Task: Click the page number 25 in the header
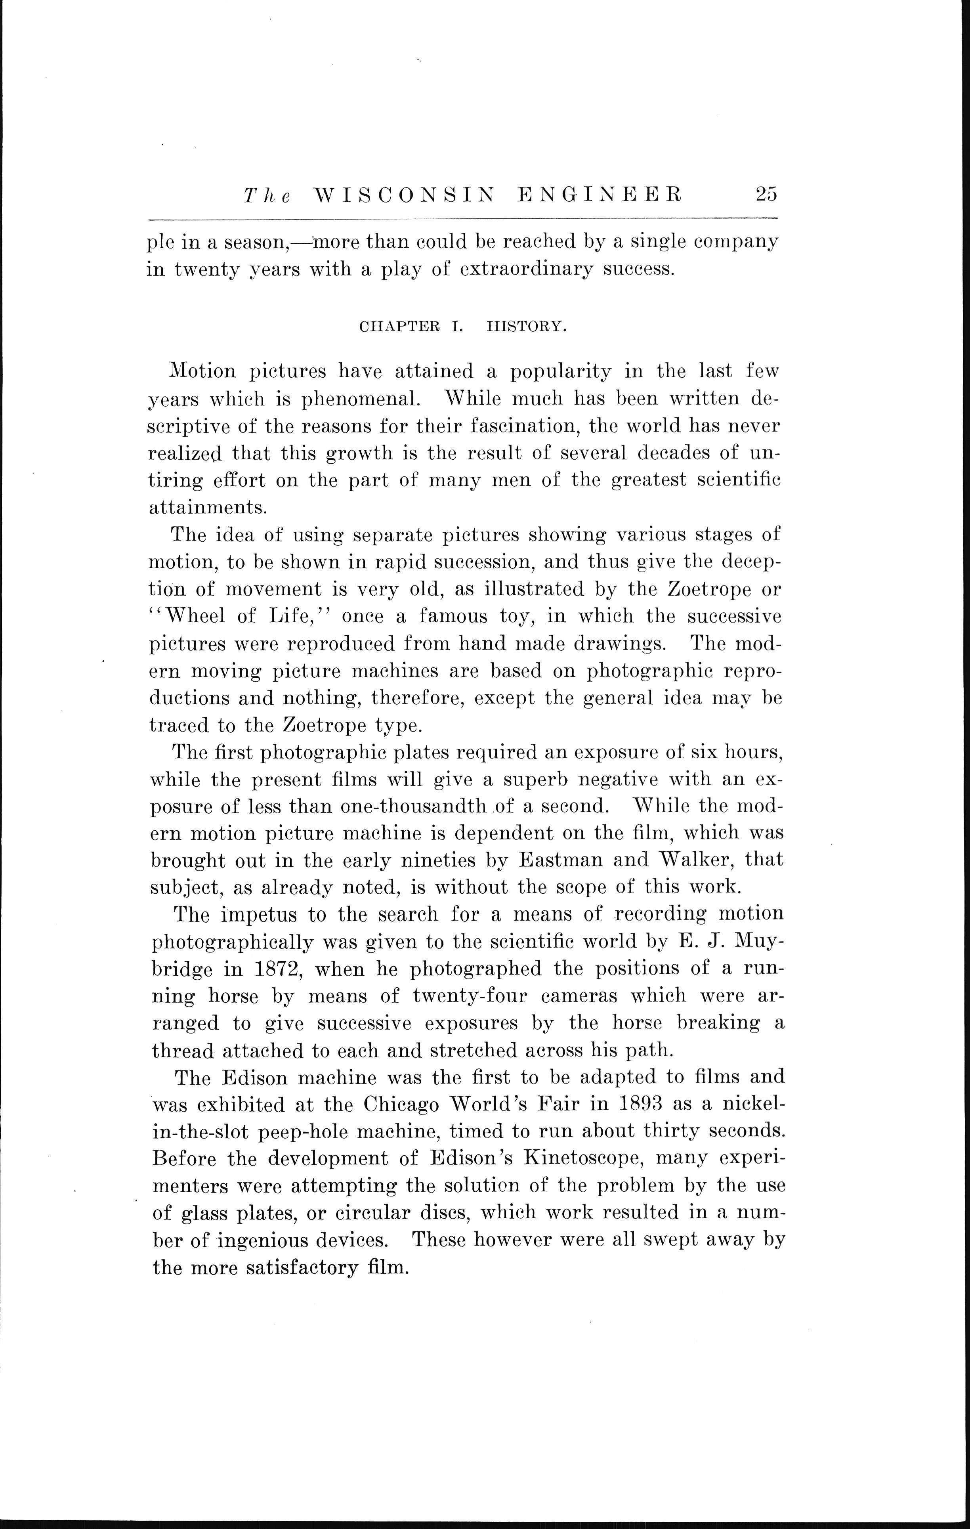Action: coord(766,194)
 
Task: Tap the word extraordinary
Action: coord(526,269)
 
